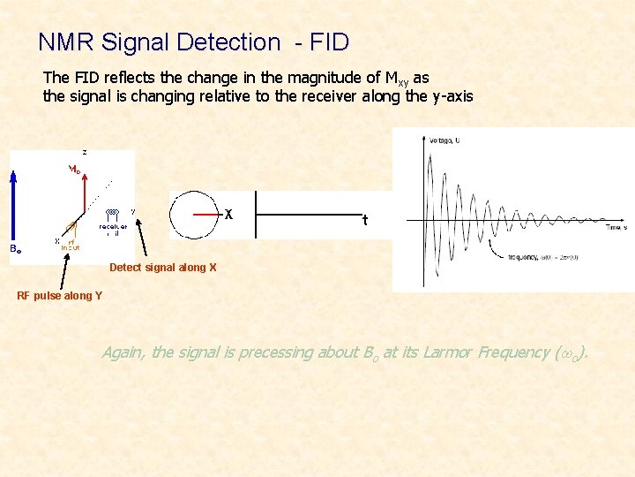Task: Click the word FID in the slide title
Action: click(x=330, y=42)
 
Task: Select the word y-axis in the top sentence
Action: click(x=452, y=95)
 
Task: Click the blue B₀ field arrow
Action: click(x=12, y=208)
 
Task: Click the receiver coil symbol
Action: click(x=113, y=213)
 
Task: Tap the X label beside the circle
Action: click(x=228, y=215)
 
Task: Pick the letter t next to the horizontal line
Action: click(x=364, y=220)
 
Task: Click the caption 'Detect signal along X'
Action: click(x=162, y=268)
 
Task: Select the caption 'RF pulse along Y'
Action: click(x=59, y=295)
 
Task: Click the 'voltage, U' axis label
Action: click(x=445, y=140)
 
